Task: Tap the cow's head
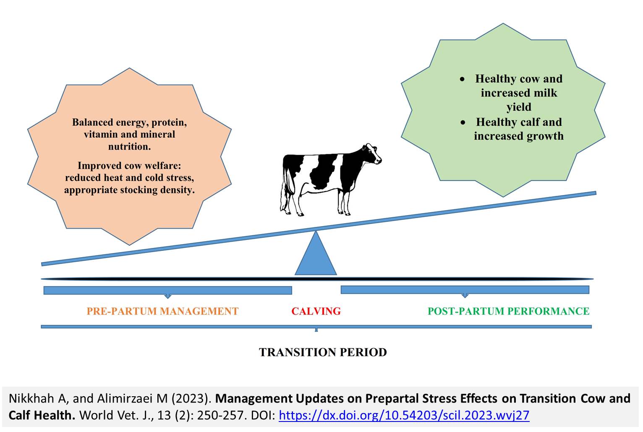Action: point(372,154)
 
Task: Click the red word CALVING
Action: point(316,311)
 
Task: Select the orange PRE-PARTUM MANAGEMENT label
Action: point(162,311)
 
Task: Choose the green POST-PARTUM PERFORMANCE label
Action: point(508,311)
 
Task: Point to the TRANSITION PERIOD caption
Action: point(323,353)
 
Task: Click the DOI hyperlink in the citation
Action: point(404,415)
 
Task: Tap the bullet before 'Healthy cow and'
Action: point(462,79)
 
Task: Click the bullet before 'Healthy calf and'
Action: point(463,123)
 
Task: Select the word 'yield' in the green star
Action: point(519,107)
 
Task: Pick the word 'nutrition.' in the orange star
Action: point(129,147)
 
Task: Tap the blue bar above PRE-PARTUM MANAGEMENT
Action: point(167,290)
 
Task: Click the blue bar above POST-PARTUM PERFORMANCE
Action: point(465,290)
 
